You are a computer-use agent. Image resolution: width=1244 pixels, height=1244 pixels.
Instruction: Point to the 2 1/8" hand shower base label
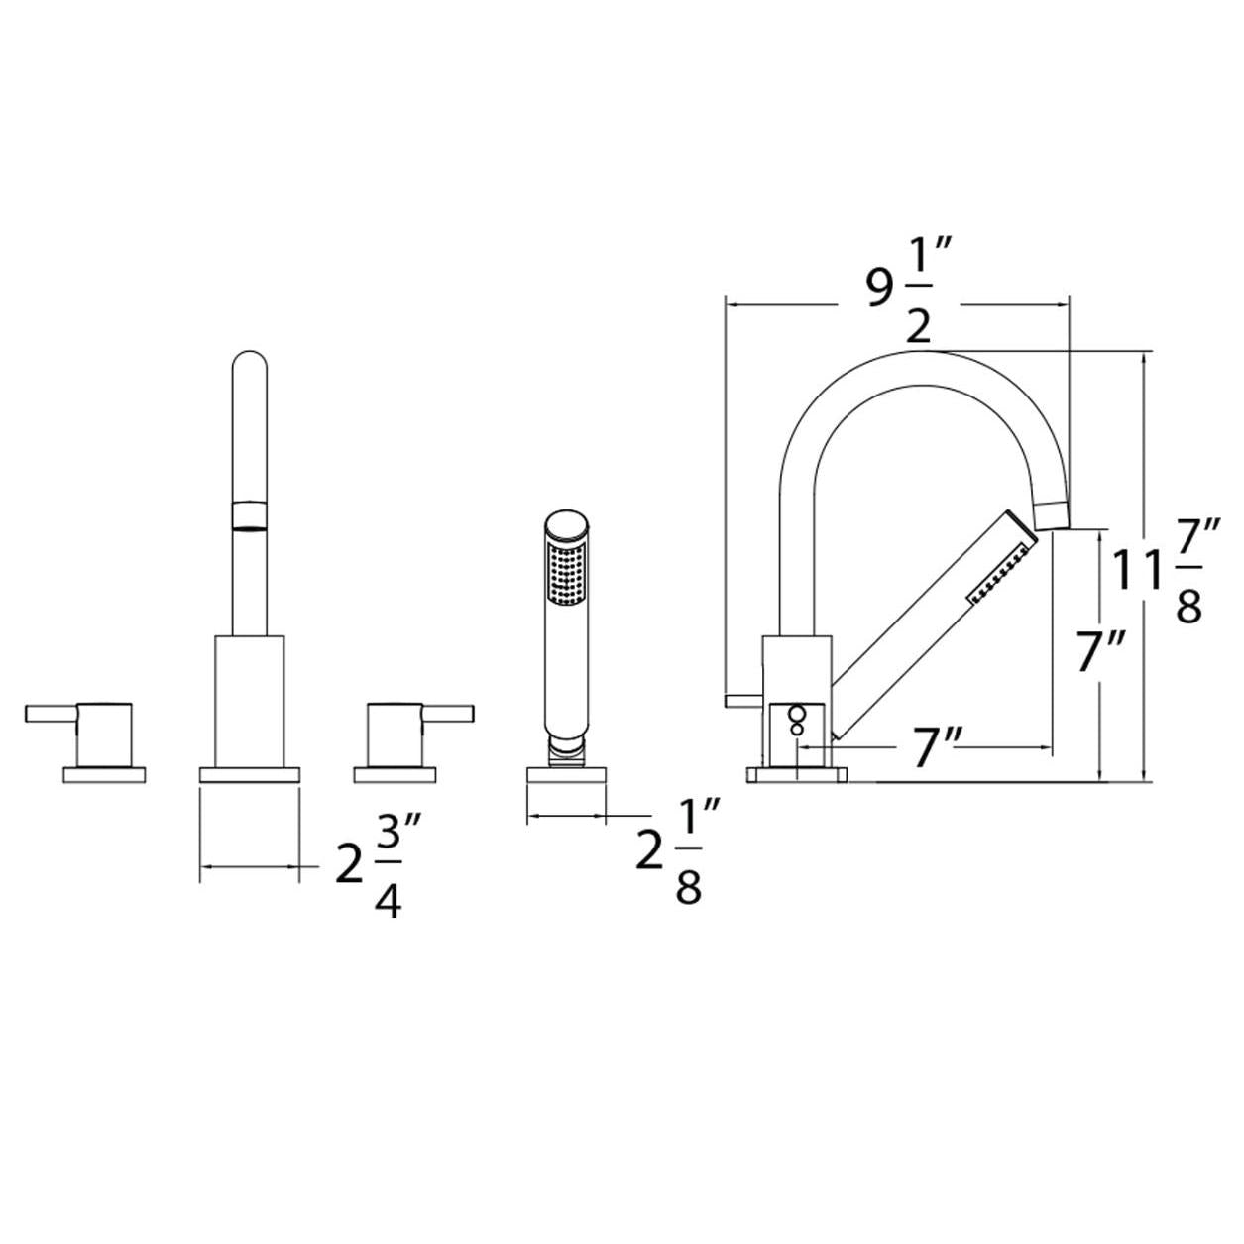click(678, 850)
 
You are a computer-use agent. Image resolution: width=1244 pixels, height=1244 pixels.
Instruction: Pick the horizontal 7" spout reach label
click(939, 747)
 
